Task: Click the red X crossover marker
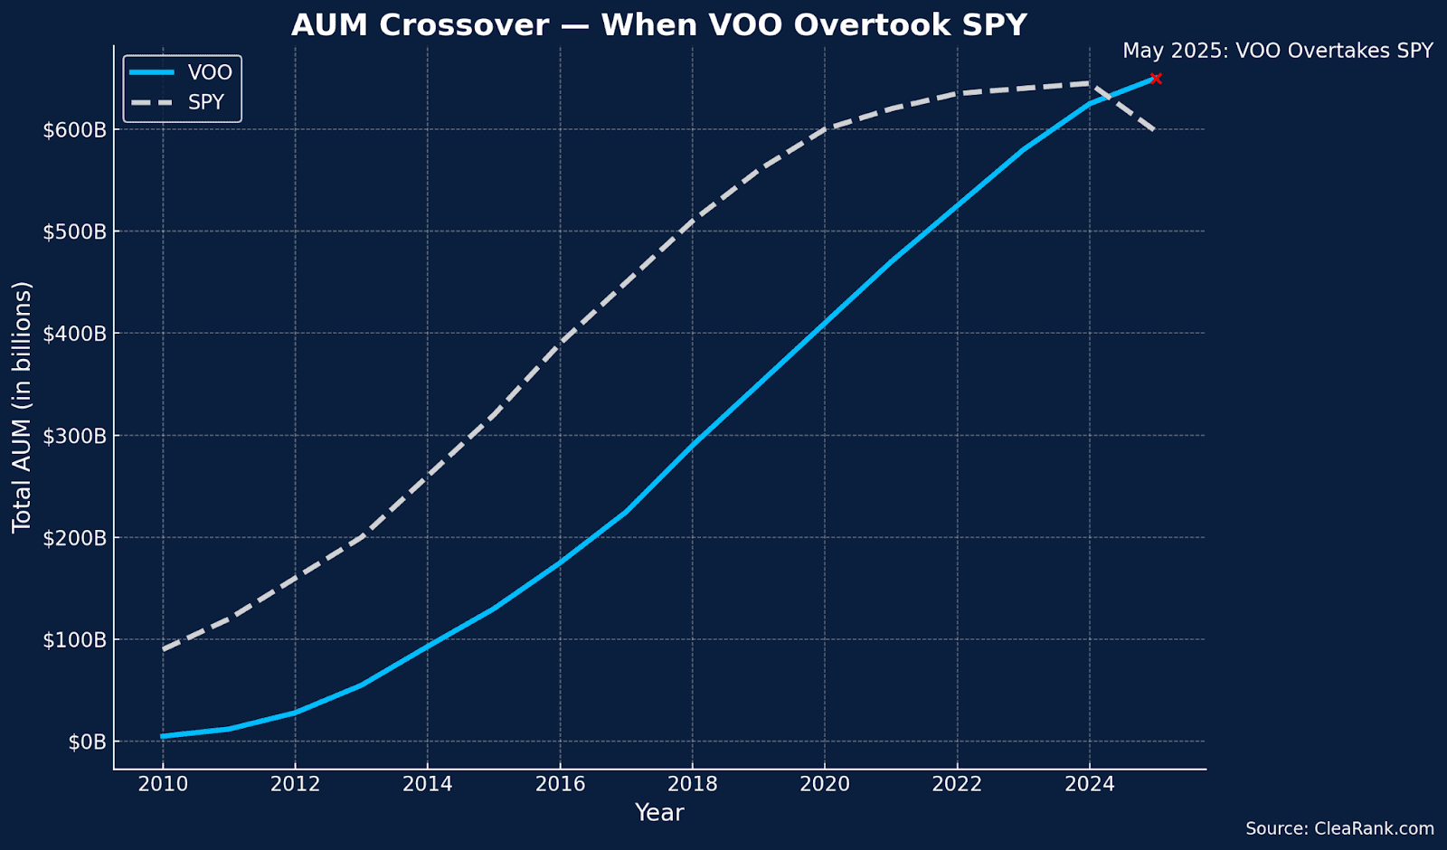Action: [1156, 79]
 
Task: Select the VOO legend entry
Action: [181, 72]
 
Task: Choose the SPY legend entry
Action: [177, 102]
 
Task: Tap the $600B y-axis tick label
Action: [74, 130]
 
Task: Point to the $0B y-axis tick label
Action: [87, 742]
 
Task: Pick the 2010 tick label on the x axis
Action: [163, 784]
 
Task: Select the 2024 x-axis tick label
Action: [1090, 784]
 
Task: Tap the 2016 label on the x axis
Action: [560, 784]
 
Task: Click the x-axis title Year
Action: [659, 813]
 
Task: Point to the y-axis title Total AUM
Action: [22, 408]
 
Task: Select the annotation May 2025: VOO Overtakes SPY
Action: [1278, 51]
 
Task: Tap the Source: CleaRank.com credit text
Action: [1339, 828]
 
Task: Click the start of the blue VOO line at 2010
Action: [163, 736]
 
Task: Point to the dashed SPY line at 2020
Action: [825, 129]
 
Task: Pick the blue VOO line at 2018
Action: [693, 445]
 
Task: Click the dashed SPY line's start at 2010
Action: [163, 649]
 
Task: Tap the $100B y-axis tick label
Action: [74, 640]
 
